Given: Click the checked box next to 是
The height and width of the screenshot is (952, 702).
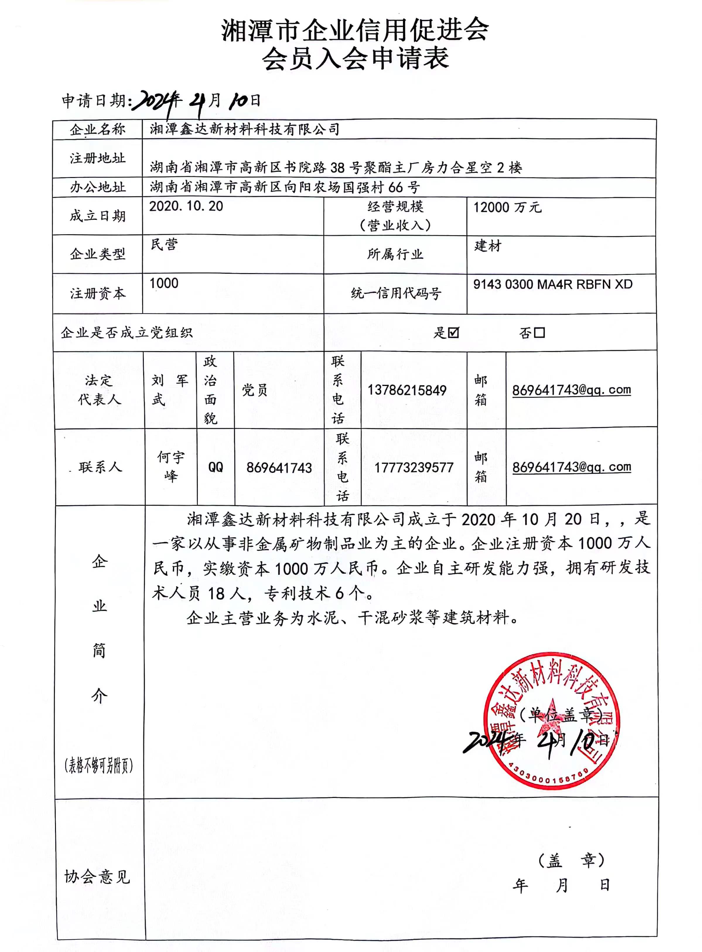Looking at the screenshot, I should (453, 332).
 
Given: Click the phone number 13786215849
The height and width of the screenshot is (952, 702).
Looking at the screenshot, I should (407, 390).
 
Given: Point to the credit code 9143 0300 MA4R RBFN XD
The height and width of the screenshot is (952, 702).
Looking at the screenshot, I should (552, 284).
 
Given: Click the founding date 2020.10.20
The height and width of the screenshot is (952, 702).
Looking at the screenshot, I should (186, 206).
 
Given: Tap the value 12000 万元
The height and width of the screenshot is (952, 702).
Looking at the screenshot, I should (507, 208).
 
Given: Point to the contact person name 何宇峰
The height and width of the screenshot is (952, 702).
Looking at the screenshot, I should (171, 466).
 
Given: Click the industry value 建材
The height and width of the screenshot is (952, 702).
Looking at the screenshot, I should (488, 246).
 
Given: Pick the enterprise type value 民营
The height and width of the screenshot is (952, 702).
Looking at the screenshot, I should (164, 244).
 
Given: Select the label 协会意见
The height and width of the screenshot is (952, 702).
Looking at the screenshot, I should (97, 877).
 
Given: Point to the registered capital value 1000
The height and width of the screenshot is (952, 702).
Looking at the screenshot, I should (164, 283).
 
